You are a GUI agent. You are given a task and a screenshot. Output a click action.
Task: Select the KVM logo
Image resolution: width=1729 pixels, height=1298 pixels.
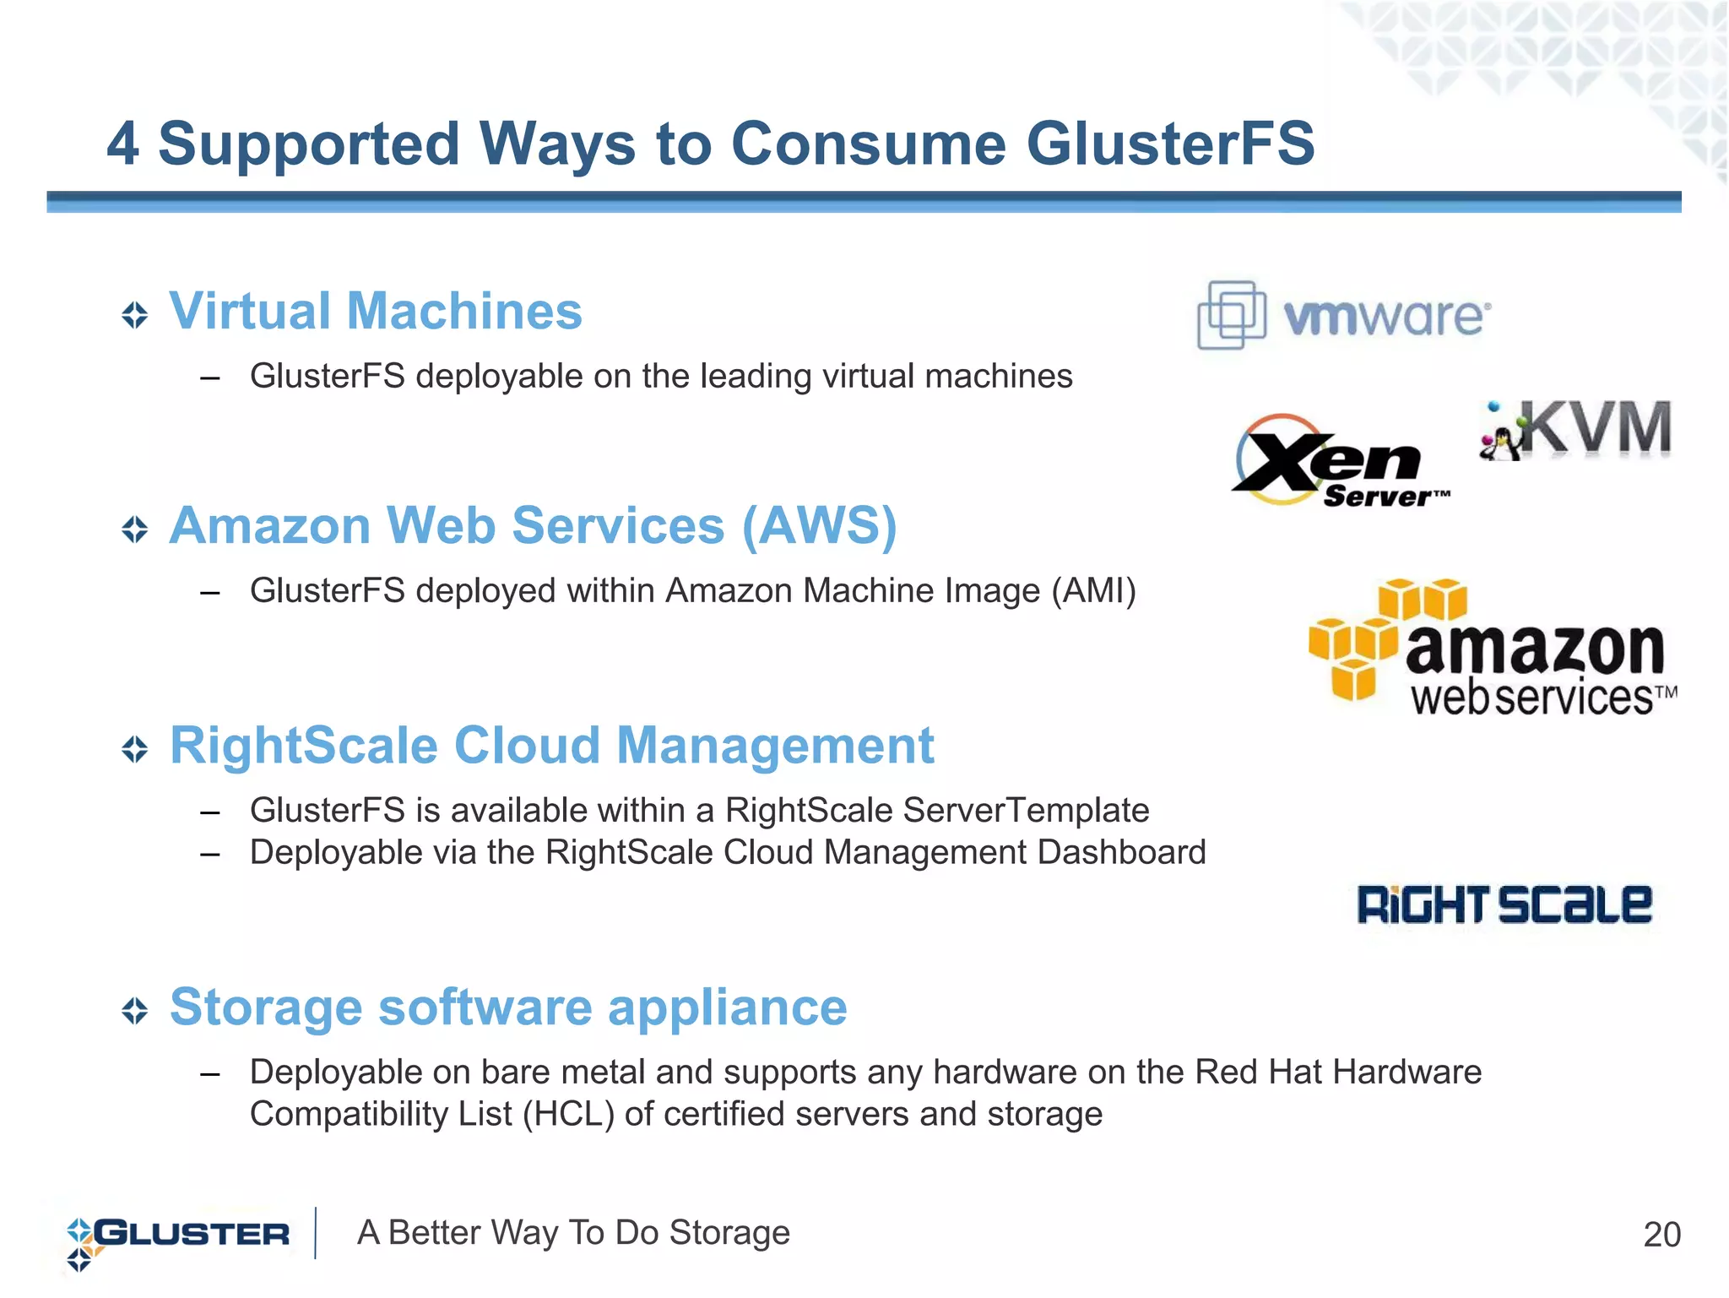[1575, 430]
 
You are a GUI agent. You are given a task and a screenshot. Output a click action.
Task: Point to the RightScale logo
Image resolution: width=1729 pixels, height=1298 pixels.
[1504, 904]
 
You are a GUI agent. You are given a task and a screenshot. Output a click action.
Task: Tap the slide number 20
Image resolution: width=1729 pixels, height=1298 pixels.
[1661, 1235]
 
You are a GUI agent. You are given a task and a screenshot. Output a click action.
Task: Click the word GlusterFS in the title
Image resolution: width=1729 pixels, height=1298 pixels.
[1170, 144]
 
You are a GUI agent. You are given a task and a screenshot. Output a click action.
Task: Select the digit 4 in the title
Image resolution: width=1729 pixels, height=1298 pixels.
[123, 144]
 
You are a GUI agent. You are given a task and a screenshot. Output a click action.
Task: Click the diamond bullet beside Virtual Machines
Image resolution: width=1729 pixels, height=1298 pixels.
[135, 315]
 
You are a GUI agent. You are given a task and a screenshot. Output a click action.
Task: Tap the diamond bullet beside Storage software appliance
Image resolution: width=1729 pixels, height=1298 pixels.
[135, 1010]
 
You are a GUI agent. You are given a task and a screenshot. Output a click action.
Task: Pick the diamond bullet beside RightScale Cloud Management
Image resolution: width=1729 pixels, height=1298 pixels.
[135, 748]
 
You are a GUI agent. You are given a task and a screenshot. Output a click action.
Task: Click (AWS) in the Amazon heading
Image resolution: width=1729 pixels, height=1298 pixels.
[819, 526]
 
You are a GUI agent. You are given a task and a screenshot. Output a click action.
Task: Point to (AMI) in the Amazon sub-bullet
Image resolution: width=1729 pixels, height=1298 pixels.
[1093, 590]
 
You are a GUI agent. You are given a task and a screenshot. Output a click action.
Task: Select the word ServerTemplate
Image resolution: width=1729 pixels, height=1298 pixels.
[1026, 810]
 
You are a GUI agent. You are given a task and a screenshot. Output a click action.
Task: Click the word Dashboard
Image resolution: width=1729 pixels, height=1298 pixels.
[1121, 852]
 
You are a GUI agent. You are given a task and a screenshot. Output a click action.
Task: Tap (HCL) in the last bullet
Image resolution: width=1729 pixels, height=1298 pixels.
[568, 1114]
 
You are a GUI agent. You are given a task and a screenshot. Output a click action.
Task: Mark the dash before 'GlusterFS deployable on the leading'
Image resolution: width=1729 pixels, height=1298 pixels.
[210, 377]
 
